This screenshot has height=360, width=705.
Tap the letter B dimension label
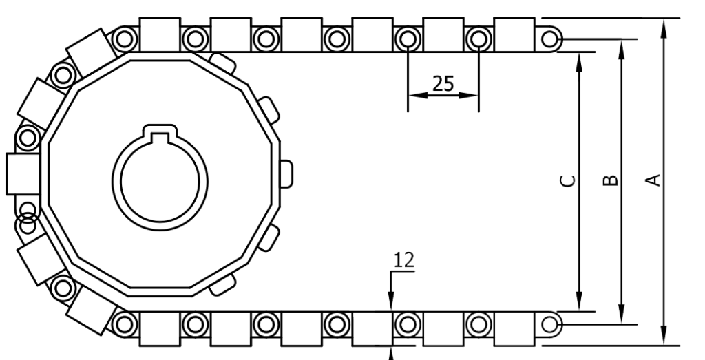[x=610, y=181]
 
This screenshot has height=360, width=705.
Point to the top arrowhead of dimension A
[x=664, y=26]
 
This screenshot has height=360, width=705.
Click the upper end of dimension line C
[x=579, y=81]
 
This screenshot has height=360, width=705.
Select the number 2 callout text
[x=410, y=259]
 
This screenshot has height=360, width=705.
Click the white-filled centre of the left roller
[x=408, y=324]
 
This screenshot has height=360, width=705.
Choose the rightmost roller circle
[x=549, y=324]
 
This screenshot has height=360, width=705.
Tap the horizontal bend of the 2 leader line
[x=403, y=271]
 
